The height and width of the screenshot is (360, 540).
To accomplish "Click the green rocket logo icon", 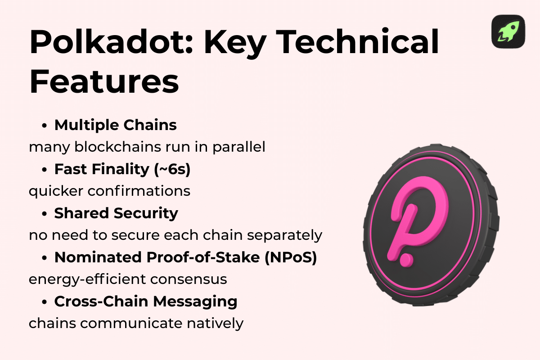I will pos(508,31).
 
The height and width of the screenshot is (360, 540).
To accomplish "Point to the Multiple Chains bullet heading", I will pos(116,125).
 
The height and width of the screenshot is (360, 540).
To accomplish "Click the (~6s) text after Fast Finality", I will pos(179,169).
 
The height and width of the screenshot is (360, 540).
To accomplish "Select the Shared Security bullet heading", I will pos(116,213).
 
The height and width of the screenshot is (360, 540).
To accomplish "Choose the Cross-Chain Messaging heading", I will pos(146,301).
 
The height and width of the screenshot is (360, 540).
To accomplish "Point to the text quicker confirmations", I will pos(109,191).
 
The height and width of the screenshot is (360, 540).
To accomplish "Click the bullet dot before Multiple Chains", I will pos(45,126).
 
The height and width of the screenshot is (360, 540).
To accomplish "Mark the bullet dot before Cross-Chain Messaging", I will pos(45,302).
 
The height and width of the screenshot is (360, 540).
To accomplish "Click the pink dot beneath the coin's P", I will pos(407,261).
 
